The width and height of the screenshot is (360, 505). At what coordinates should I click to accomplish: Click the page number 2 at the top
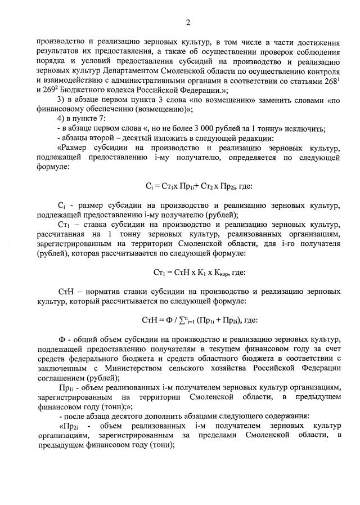pyautogui.click(x=188, y=23)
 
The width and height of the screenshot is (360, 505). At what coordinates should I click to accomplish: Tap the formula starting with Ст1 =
pyautogui.click(x=191, y=272)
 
